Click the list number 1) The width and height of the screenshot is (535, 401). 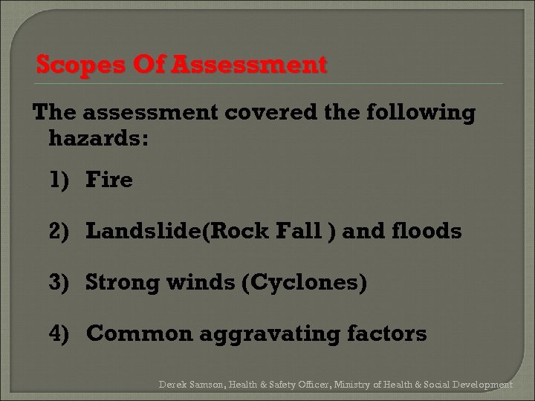point(62,180)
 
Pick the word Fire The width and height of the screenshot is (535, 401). point(109,180)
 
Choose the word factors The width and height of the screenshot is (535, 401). point(387,334)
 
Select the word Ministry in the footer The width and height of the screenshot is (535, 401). point(352,385)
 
